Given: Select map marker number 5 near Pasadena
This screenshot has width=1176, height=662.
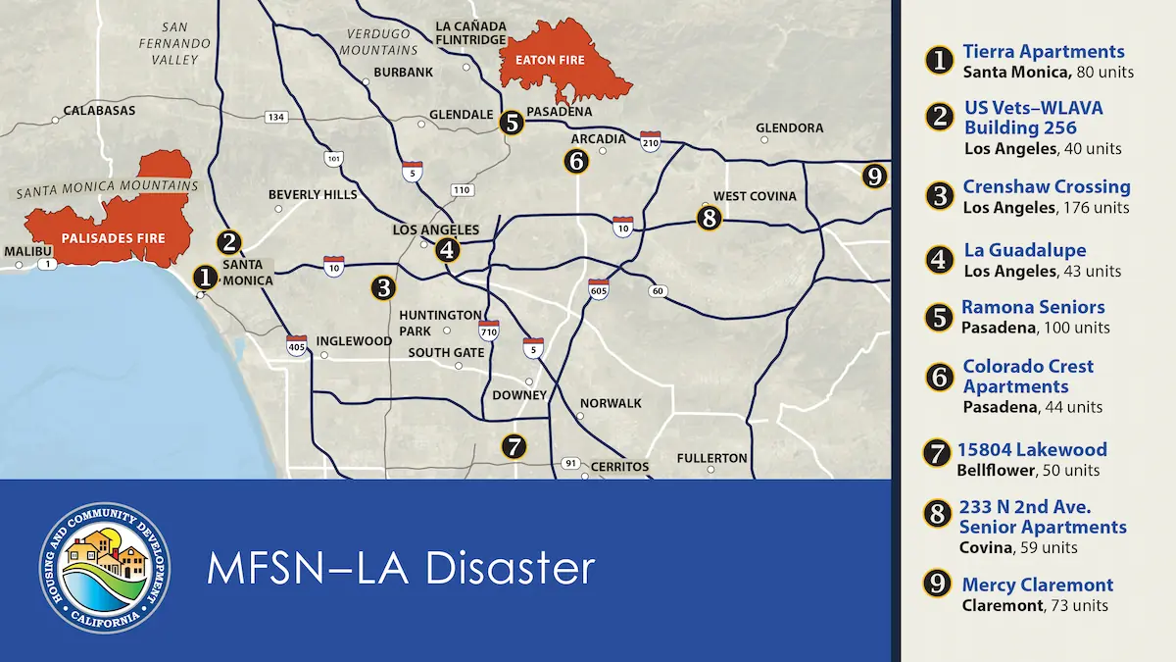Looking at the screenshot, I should tap(511, 123).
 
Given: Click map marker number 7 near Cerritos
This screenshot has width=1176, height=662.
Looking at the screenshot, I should tap(514, 447).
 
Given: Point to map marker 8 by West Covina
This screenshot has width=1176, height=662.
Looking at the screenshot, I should tap(710, 217).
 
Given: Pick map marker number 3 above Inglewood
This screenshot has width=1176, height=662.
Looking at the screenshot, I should tap(383, 287).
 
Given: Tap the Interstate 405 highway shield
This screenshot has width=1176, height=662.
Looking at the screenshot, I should tap(297, 344).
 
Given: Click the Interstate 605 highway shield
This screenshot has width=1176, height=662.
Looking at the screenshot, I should tap(598, 289).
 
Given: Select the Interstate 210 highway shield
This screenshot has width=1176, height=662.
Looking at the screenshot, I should tap(651, 141).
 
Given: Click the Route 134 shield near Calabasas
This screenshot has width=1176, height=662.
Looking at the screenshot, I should tap(276, 118).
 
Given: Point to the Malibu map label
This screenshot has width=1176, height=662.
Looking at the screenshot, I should tap(26, 252).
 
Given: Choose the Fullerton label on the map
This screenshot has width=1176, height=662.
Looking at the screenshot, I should tap(711, 458).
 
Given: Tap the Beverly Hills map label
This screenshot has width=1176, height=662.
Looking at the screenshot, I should tap(313, 195).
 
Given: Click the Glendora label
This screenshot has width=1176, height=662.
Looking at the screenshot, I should tap(790, 128).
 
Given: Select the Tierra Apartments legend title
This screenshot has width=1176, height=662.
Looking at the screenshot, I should tap(1044, 52).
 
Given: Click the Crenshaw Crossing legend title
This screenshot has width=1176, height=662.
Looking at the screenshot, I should tap(1047, 186).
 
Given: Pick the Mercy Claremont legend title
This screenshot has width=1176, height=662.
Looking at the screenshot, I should tap(1038, 586).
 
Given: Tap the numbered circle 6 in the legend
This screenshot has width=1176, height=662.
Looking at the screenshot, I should tap(940, 377).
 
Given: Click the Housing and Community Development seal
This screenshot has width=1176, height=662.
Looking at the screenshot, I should tap(106, 567).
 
